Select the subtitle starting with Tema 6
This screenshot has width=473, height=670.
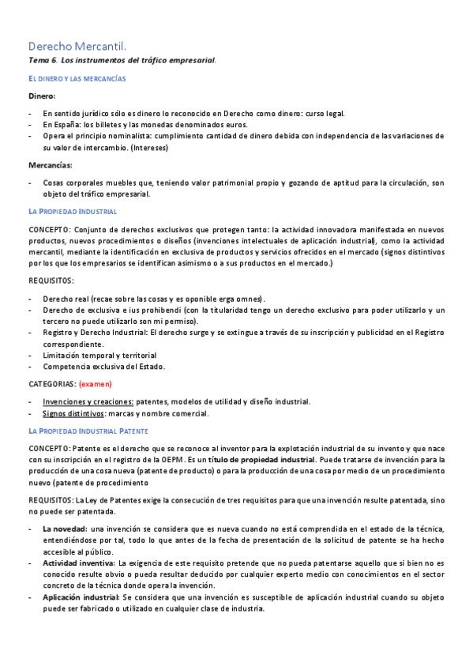[x=122, y=61]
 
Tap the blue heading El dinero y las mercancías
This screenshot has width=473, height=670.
[x=77, y=79]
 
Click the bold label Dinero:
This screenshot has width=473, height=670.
[x=42, y=96]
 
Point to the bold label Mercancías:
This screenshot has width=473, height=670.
[x=50, y=165]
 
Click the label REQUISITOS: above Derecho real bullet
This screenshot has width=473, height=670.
[x=51, y=280]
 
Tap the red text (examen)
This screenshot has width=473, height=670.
[x=95, y=384]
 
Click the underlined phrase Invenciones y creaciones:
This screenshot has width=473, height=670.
[x=88, y=401]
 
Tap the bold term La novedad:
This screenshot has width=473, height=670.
[x=65, y=529]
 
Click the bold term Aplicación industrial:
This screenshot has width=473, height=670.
[x=81, y=597]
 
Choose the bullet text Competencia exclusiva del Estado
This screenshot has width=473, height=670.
[x=104, y=367]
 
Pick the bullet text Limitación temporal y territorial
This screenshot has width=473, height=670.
[x=99, y=356]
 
